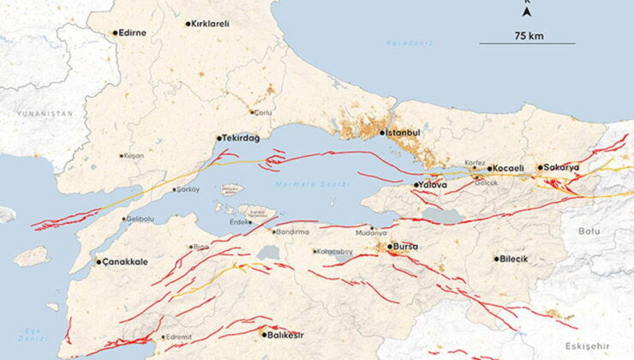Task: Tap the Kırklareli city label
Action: click(x=209, y=24)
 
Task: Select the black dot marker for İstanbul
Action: click(x=382, y=133)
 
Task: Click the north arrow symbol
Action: click(x=527, y=10)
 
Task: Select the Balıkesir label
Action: click(x=283, y=335)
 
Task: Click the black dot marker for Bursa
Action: click(x=389, y=247)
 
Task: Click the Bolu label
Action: click(x=590, y=230)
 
